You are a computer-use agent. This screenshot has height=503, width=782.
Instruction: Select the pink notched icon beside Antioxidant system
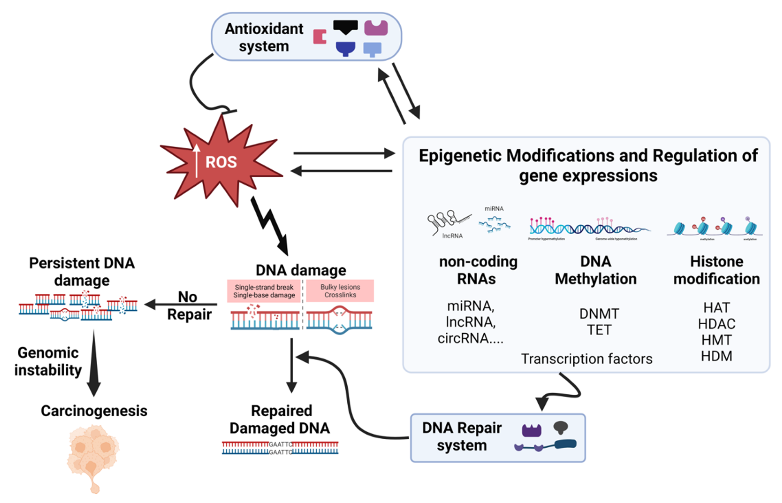pyautogui.click(x=319, y=37)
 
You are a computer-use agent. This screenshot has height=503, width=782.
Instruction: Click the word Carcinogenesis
pyautogui.click(x=94, y=411)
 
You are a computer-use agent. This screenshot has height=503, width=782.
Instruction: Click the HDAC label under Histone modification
pyautogui.click(x=716, y=324)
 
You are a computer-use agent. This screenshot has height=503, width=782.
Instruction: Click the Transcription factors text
pyautogui.click(x=586, y=359)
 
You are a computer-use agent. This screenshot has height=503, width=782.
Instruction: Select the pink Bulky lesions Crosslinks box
pyautogui.click(x=340, y=291)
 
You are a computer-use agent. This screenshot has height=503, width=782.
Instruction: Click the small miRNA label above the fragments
pyautogui.click(x=494, y=209)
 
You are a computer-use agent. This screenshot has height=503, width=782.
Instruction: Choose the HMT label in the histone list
pyautogui.click(x=716, y=340)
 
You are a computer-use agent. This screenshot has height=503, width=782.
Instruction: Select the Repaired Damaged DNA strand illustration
pyautogui.click(x=280, y=448)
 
